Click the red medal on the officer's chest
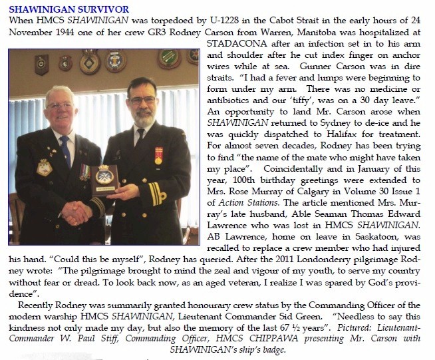(158, 156)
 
